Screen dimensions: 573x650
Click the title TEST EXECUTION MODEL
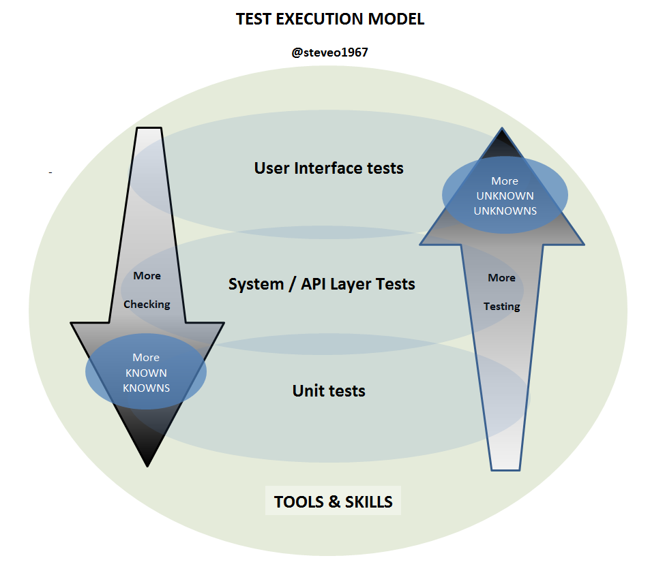[x=330, y=19]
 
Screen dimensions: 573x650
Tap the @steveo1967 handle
[x=329, y=52]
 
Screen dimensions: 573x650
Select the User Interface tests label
[x=329, y=168]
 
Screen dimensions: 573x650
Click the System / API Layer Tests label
[x=321, y=283]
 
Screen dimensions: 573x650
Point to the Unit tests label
[x=329, y=391]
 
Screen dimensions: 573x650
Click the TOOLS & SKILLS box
[x=333, y=502]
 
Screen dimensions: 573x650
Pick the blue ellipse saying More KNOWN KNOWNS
[x=146, y=372]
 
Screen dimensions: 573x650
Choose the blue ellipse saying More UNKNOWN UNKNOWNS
[x=505, y=196]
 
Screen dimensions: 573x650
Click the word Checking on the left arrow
[x=147, y=305]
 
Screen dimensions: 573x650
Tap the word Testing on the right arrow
[x=502, y=307]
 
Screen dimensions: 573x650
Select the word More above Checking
[x=147, y=276]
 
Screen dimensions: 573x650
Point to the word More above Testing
[x=501, y=278]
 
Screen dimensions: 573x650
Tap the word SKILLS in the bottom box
[x=368, y=502]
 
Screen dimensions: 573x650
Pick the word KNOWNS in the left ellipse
[x=146, y=388]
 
